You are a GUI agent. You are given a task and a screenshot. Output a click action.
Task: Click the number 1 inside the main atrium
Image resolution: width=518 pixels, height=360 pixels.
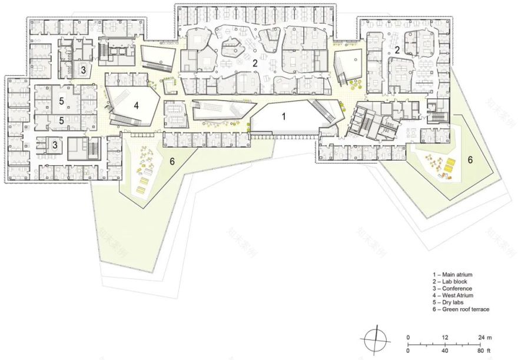283,116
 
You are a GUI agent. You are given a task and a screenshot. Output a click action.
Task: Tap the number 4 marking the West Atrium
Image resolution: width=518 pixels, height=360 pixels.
136,106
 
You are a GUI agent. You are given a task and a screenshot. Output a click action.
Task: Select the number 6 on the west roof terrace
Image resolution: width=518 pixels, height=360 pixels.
172,160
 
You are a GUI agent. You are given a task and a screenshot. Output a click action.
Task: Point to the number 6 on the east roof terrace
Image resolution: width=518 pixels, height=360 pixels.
470,159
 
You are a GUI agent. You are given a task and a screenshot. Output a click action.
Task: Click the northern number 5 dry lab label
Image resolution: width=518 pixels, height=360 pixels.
61,101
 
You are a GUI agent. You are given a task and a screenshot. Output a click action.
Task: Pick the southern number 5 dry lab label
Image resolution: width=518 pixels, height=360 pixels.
61,120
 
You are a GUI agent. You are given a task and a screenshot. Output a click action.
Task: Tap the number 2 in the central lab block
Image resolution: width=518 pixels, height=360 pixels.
255,62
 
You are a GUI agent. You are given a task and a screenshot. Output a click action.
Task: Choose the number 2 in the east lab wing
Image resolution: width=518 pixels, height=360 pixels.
397,51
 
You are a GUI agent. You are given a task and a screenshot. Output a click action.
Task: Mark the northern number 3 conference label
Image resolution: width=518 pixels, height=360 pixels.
84,69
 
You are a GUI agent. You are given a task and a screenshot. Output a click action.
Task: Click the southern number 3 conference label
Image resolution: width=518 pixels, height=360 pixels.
55,144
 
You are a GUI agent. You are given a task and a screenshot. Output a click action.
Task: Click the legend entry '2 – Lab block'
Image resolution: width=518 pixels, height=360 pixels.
450,281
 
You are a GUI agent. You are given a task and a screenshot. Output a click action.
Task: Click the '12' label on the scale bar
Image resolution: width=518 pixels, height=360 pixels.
445,337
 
